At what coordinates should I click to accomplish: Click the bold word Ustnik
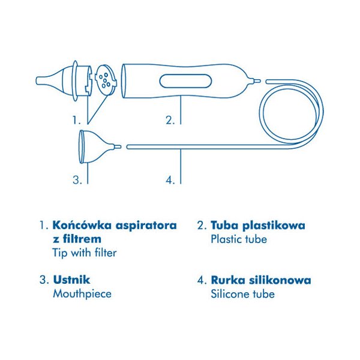(71, 280)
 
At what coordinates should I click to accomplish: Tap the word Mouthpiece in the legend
(82, 294)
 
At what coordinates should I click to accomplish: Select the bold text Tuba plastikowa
(258, 226)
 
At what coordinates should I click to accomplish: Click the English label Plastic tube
(239, 239)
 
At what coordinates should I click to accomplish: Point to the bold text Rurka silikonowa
(261, 280)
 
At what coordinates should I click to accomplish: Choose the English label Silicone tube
(242, 294)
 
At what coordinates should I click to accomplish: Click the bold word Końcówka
(82, 225)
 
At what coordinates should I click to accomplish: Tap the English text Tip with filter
(85, 253)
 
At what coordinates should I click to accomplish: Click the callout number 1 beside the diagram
(77, 120)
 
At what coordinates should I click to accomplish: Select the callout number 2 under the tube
(170, 120)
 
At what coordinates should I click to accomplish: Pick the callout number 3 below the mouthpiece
(77, 179)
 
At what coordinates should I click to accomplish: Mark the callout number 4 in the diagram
(170, 180)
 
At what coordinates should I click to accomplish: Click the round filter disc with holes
(106, 79)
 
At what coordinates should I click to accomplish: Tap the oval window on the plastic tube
(185, 81)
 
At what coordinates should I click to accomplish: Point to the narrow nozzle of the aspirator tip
(43, 80)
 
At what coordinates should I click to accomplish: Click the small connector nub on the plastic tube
(256, 81)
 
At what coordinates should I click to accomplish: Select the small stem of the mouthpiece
(117, 146)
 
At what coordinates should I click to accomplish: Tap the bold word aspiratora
(146, 226)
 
